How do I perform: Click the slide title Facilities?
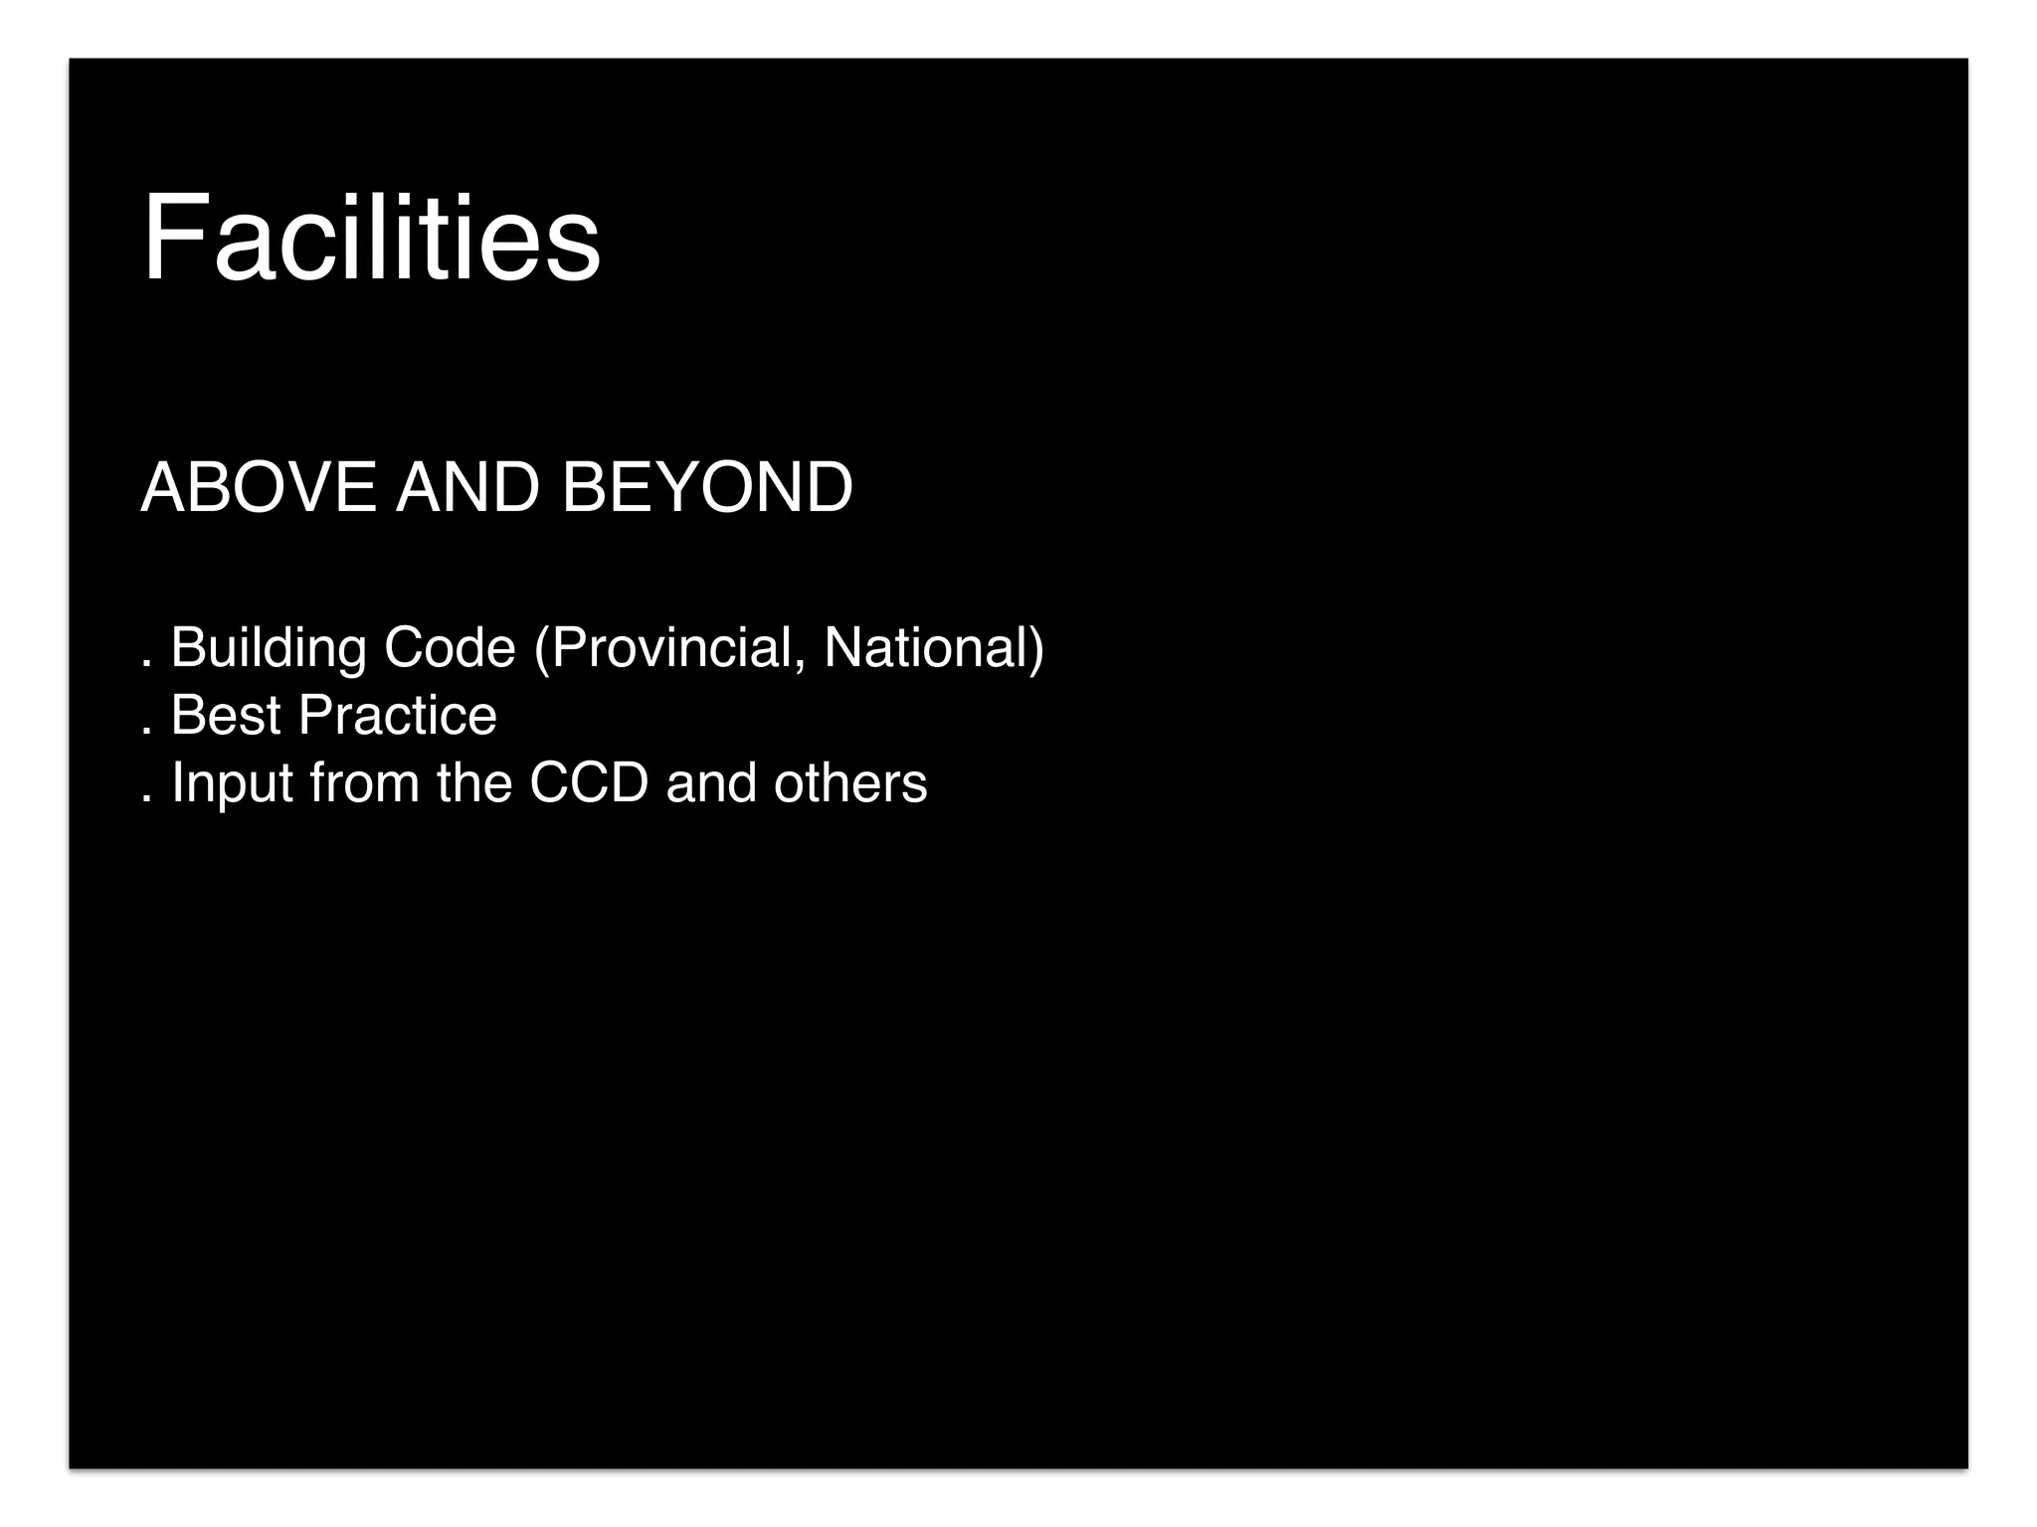click(371, 239)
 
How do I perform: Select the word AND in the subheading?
click(467, 488)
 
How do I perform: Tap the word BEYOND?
click(707, 488)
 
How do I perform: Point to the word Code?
click(450, 648)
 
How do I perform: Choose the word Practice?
click(398, 716)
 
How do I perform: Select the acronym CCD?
click(589, 783)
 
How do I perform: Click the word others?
click(850, 783)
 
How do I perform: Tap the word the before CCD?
click(473, 783)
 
